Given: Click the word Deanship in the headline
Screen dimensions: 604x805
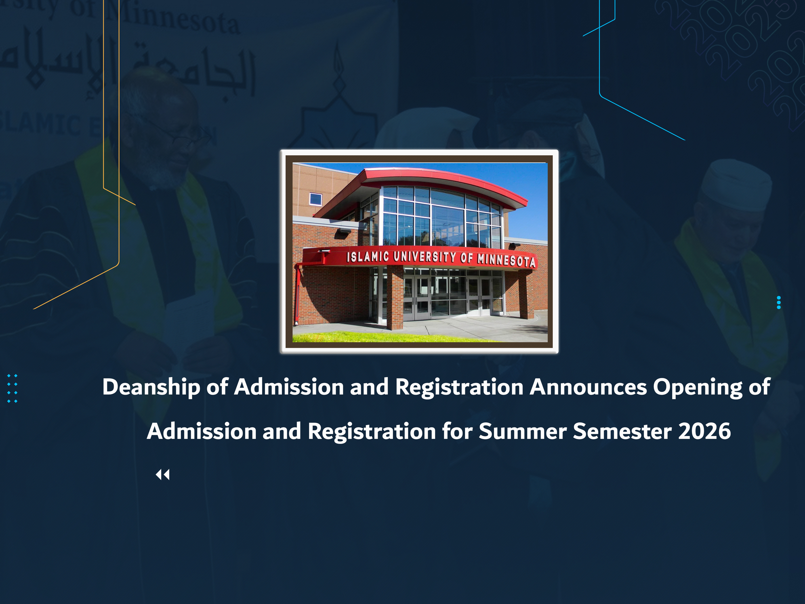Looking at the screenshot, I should point(151,387).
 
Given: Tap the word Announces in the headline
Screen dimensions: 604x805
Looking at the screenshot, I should point(588,387).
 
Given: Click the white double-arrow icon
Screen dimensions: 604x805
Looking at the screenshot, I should point(163,475).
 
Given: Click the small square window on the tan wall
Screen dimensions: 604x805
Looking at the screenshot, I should point(315,199).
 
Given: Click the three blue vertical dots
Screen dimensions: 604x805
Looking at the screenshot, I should point(779,302).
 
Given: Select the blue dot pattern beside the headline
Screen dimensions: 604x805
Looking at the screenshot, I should point(12,388).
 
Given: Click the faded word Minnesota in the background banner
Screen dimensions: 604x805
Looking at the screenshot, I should point(175,18).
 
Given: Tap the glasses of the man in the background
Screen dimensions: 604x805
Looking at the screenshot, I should point(178,140).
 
